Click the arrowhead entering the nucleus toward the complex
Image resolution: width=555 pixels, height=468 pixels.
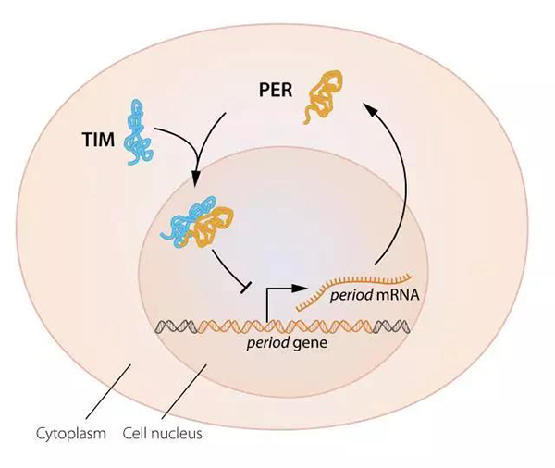pos(195,186)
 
